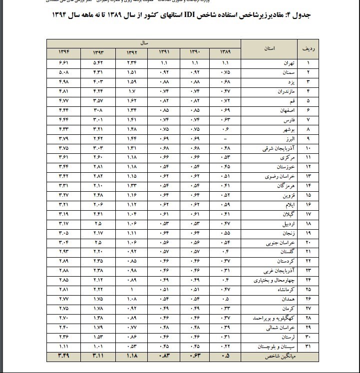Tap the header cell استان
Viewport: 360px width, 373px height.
click(x=270, y=49)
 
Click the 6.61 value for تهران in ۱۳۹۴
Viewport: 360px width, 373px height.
click(x=63, y=64)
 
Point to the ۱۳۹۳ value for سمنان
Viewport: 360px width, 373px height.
click(x=98, y=73)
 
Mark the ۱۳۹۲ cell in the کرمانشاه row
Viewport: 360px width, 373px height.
click(x=132, y=290)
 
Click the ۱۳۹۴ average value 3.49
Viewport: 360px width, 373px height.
click(x=63, y=356)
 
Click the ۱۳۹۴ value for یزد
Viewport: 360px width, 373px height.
click(x=63, y=82)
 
